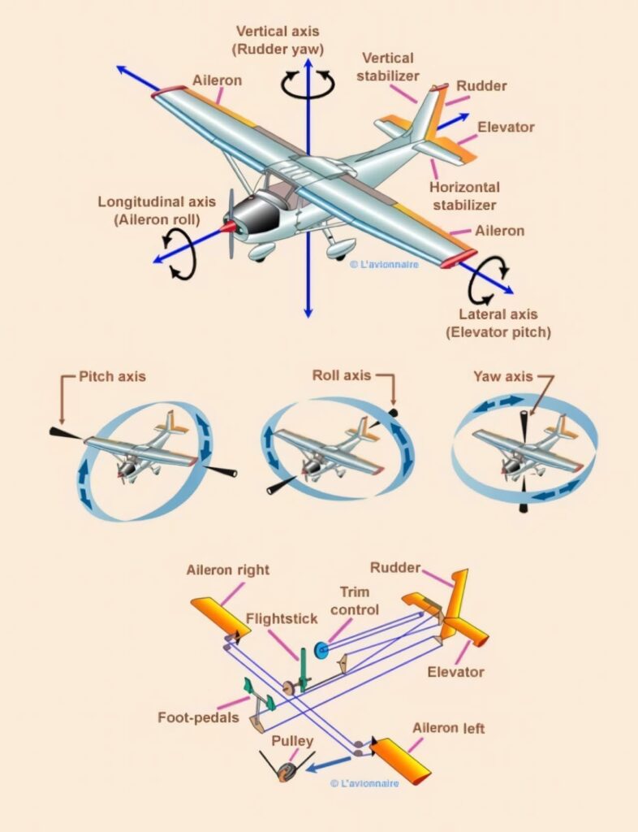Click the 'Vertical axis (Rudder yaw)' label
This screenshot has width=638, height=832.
click(278, 41)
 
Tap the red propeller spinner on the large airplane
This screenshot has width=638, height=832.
click(229, 227)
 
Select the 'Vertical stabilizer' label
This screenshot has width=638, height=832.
click(388, 67)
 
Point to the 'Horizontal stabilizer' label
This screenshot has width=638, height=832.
click(464, 196)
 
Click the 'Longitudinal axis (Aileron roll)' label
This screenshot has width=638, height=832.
click(157, 210)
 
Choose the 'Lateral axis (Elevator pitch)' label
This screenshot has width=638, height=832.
click(498, 323)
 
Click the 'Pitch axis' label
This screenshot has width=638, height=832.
click(112, 376)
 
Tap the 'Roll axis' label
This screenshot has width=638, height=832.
click(341, 375)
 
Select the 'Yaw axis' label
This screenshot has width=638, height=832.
click(502, 376)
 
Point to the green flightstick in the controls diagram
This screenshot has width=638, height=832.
click(303, 669)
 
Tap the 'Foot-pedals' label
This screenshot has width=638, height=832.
click(198, 717)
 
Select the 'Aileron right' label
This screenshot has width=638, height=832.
click(228, 570)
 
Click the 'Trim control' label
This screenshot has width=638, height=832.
click(355, 600)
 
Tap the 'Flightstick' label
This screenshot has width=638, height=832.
click(282, 618)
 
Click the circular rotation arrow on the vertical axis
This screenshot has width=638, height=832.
click(308, 84)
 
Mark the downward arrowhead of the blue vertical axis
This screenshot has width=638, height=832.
click(308, 312)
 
